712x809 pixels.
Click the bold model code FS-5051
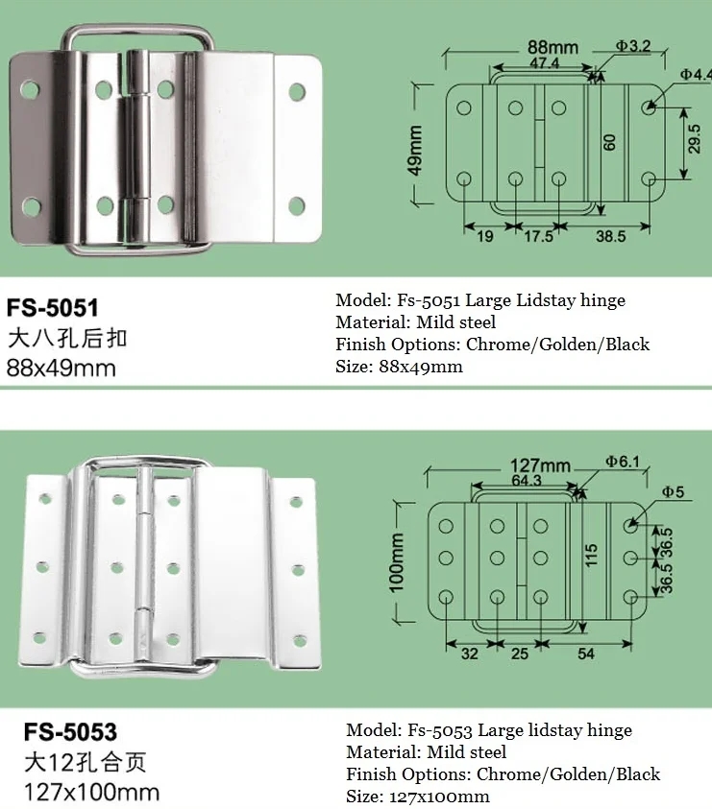(x=54, y=308)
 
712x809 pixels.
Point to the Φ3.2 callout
(x=634, y=45)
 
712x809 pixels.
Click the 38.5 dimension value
(x=610, y=235)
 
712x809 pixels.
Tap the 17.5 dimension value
(x=538, y=235)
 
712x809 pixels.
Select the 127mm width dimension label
(x=542, y=466)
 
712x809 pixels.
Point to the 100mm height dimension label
(x=397, y=562)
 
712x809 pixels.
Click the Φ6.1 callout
(x=623, y=461)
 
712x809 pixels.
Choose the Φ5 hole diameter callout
(x=673, y=492)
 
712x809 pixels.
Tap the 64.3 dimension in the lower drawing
(x=528, y=481)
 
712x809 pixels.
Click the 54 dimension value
(x=586, y=654)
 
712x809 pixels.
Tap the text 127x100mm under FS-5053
(x=83, y=793)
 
